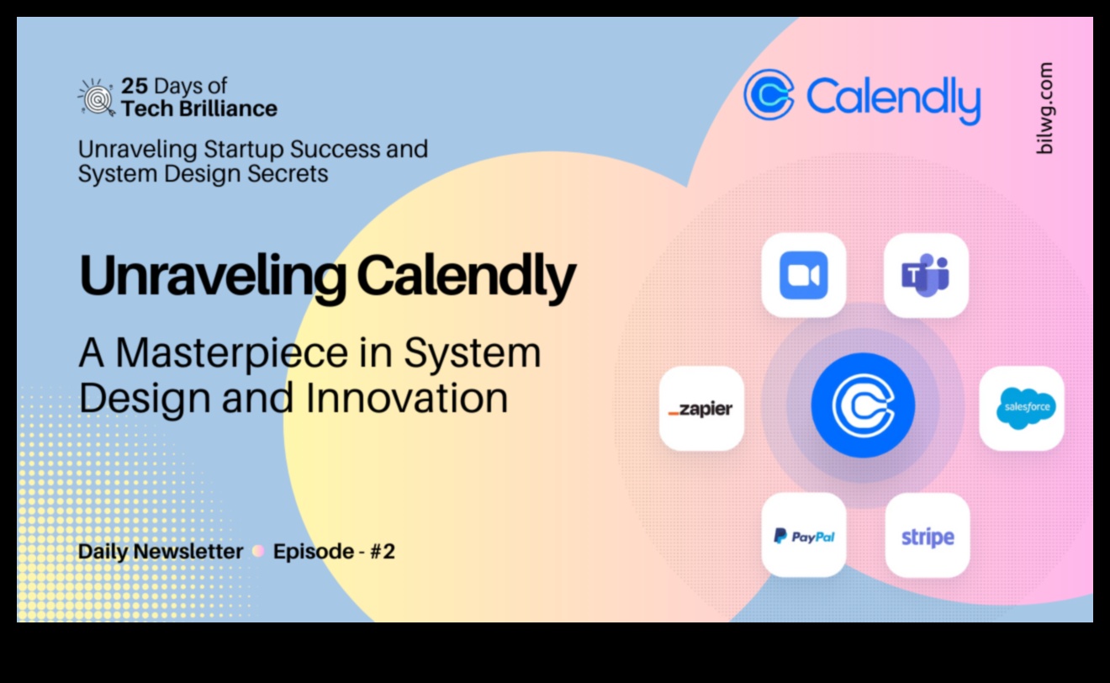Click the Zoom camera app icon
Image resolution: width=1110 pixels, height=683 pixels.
pos(803,275)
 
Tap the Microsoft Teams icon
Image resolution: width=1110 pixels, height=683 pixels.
pos(926,275)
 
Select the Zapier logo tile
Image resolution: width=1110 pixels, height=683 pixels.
pos(700,409)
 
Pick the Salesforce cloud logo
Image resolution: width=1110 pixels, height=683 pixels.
pos(1022,408)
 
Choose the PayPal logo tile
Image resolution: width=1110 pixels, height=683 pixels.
pos(803,536)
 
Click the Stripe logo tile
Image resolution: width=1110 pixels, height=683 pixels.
pos(927,536)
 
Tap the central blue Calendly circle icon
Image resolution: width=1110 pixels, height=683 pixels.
pos(862,405)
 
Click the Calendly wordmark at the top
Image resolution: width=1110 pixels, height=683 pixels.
pos(893,97)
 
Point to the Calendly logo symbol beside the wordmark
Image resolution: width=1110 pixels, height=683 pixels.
pos(769,94)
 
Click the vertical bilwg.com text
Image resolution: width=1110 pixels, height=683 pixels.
pos(1044,108)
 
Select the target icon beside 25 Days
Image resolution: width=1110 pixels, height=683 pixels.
pos(96,97)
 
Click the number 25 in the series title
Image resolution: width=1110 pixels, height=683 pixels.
pos(135,86)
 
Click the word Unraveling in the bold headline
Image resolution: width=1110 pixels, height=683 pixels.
pos(210,275)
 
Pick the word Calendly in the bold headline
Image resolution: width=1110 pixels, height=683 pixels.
pos(466,275)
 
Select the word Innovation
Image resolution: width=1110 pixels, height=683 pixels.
pos(406,398)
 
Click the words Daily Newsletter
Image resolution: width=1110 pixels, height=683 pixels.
pos(160,552)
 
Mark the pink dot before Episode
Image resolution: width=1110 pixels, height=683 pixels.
pos(258,552)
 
